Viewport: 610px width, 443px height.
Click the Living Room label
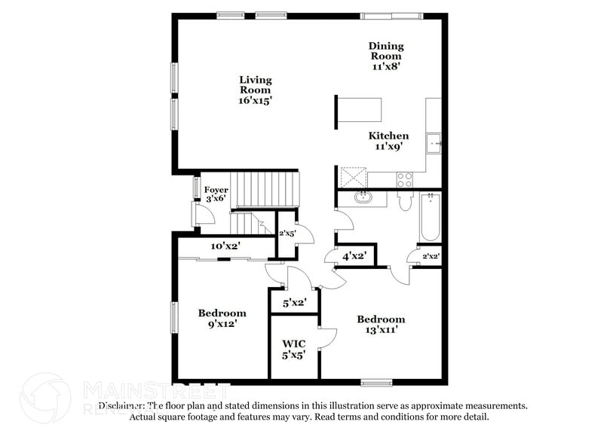coord(256,89)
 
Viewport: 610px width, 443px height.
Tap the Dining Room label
coord(385,56)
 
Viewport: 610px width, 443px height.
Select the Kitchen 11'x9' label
coord(388,141)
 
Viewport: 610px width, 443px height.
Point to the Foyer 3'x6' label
coord(216,194)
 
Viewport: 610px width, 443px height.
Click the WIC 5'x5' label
coord(293,348)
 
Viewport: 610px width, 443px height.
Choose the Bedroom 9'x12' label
coord(222,319)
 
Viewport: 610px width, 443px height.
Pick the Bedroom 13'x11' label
coord(381,324)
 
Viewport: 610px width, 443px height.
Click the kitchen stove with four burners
coord(404,179)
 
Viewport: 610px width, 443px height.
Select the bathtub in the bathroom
coord(430,217)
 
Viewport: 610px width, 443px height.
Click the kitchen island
coord(359,112)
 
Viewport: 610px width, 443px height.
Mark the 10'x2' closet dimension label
coord(225,246)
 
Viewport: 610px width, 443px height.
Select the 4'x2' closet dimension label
coord(354,256)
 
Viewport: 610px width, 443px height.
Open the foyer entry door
coord(204,215)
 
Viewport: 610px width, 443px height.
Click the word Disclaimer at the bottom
coord(124,405)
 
